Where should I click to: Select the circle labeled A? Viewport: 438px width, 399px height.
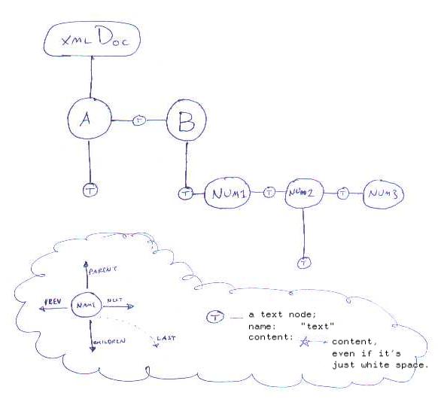pos(89,119)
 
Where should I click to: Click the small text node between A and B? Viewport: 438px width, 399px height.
pos(138,120)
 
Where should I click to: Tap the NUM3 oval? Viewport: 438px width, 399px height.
pos(383,194)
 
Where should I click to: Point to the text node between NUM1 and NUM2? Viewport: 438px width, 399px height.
pos(269,193)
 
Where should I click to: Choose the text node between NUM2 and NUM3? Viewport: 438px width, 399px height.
pos(343,193)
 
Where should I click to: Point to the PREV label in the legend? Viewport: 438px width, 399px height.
pos(53,300)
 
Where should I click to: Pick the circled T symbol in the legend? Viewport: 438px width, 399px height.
pos(214,318)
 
